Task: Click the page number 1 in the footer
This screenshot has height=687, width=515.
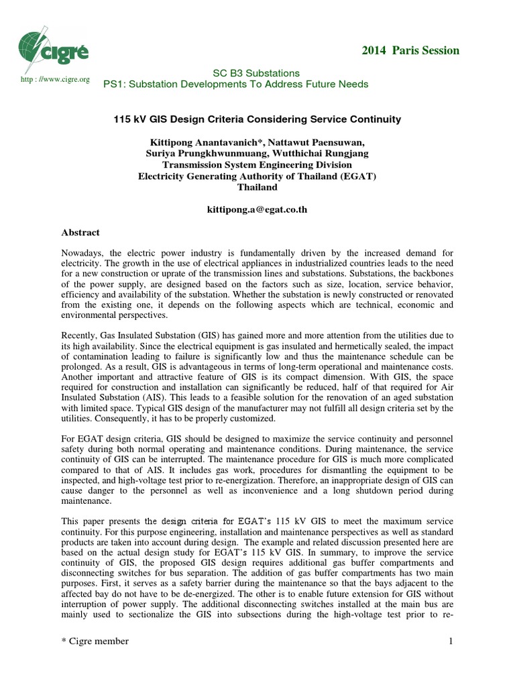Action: coord(451,641)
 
